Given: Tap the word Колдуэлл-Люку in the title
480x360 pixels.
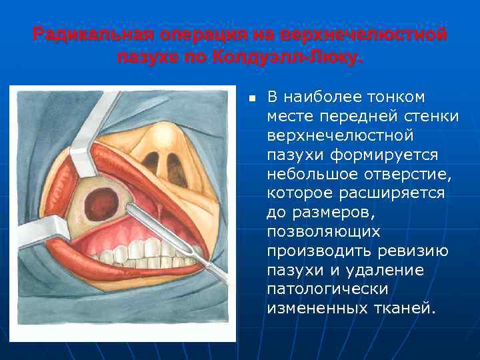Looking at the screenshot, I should [x=288, y=57].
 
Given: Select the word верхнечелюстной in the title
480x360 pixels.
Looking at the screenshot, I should [x=363, y=34].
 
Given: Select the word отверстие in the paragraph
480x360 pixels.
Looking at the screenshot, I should [x=404, y=175].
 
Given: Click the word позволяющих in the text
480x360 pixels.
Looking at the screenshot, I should [x=323, y=232].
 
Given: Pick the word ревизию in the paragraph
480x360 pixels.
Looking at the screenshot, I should [x=413, y=251].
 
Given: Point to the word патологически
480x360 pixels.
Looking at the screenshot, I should [x=327, y=290].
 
